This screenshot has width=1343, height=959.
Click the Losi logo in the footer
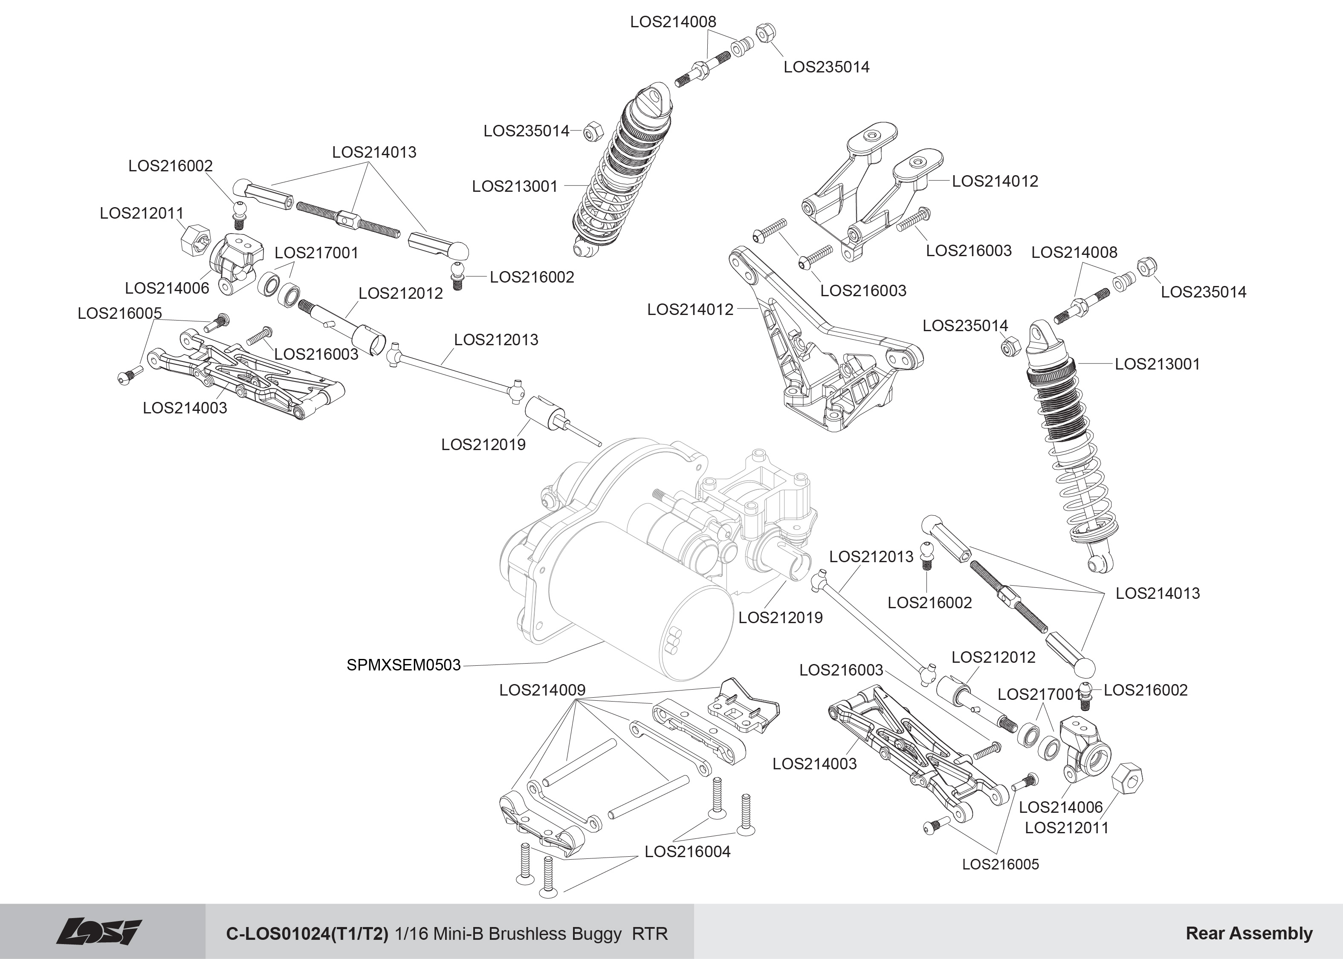99,933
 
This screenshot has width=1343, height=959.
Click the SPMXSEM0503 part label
403,665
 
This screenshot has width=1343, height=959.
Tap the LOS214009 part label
542,690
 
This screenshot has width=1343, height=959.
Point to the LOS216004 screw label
687,852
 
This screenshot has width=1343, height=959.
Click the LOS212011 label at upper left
142,213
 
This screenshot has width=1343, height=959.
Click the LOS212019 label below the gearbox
780,618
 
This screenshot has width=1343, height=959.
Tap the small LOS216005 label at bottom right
1001,864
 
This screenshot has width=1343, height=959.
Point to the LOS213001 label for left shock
515,187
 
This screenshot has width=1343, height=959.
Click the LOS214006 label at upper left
167,288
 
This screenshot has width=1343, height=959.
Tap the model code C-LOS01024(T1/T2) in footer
307,933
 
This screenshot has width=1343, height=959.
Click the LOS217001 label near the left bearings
316,253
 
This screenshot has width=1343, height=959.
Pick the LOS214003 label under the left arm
185,408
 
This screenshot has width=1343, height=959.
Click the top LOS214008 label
673,22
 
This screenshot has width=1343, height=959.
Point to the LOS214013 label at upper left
374,152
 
